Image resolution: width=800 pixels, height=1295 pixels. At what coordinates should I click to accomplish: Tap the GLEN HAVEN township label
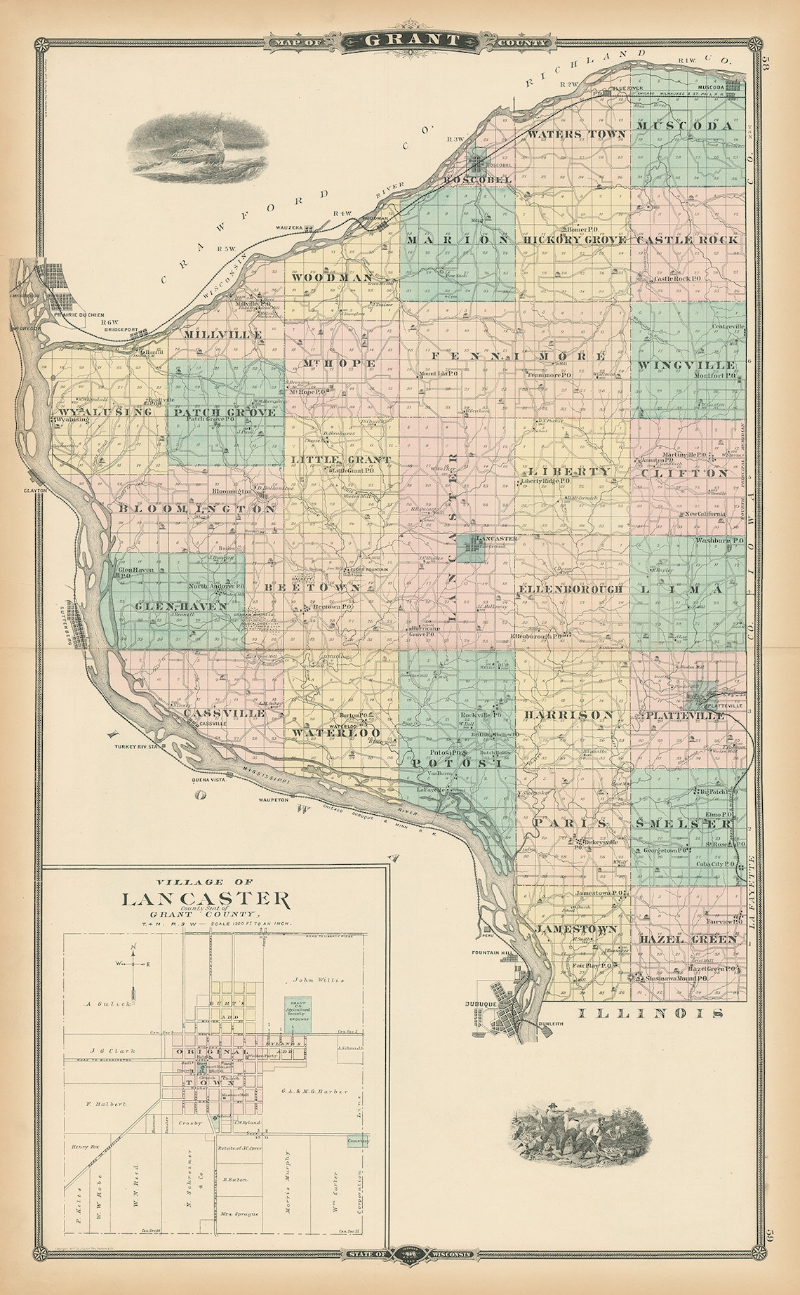click(171, 606)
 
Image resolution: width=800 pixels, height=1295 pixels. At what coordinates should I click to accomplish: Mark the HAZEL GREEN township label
click(688, 938)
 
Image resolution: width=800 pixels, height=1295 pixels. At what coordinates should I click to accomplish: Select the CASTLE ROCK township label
click(688, 239)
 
